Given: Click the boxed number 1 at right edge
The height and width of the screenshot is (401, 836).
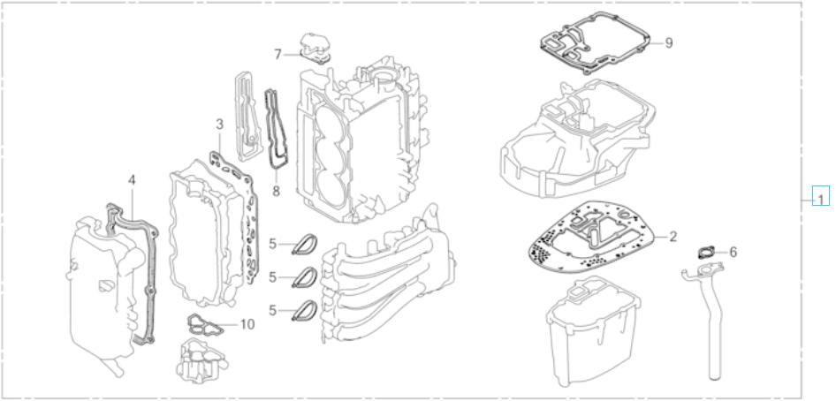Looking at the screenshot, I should [x=822, y=199].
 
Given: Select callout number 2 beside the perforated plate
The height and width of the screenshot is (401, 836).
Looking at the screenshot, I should [x=673, y=237].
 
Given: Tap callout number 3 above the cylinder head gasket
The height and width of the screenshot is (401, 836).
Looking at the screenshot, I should [x=219, y=125].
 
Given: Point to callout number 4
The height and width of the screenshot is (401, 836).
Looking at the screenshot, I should [x=132, y=180].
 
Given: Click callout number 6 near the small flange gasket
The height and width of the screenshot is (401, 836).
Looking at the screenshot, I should [x=733, y=252].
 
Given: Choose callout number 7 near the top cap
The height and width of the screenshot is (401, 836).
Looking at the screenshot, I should [x=277, y=55].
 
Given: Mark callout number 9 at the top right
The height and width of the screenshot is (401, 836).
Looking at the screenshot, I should [x=669, y=42].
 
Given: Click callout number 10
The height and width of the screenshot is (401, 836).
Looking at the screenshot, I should [x=247, y=324].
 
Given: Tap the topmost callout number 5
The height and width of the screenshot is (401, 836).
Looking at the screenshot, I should [x=274, y=243].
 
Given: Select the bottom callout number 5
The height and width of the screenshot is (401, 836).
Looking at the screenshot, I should [x=274, y=310].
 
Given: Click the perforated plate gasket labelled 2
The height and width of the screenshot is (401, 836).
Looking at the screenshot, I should [x=595, y=237].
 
